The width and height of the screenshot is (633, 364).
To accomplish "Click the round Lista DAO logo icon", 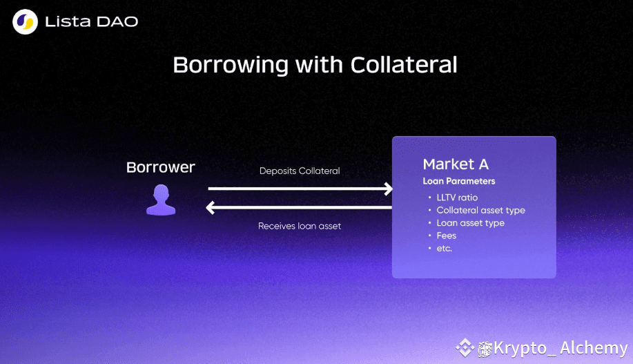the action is tap(25, 22).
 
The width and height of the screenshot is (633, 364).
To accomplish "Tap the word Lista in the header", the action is tap(68, 22).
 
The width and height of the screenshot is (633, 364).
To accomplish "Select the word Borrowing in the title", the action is tap(231, 65).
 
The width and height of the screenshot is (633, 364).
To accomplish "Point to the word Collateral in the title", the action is tap(404, 65).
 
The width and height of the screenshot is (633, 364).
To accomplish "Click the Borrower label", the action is tap(161, 167).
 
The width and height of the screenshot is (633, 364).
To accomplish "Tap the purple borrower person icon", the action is tap(161, 200).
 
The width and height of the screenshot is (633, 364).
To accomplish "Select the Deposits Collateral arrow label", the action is tap(300, 171).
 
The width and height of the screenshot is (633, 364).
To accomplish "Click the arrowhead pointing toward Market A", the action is tap(389, 189).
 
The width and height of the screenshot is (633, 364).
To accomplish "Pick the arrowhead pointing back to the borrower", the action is tap(211, 208).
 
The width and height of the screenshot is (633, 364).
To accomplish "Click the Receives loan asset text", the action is tap(300, 226).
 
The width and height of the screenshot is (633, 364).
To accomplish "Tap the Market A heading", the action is tap(456, 164).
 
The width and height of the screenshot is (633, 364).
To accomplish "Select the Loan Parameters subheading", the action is tap(459, 181).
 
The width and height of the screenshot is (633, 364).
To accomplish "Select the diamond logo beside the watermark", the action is tap(465, 348).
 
